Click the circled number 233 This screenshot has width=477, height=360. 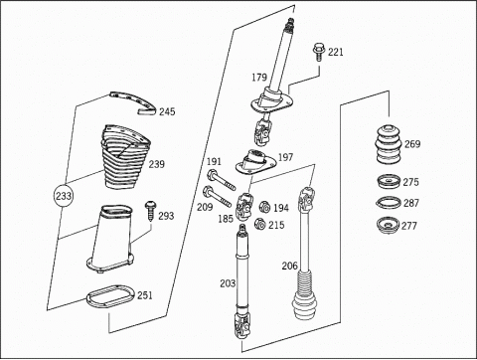[x=64, y=196]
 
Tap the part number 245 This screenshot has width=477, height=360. [x=167, y=111]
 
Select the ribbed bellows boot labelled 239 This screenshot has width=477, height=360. [x=125, y=157]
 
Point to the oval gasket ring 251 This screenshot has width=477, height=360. [x=110, y=295]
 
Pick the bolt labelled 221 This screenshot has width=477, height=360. [x=318, y=52]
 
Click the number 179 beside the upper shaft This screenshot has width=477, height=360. [x=259, y=78]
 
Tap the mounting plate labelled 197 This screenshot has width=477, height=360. [x=255, y=162]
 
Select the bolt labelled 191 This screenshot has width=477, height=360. [x=221, y=180]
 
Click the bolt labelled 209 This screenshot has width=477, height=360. [x=217, y=196]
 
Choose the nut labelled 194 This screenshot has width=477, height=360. [x=264, y=207]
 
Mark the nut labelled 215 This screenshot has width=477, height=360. [x=260, y=224]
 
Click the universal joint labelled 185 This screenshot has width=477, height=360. [x=244, y=206]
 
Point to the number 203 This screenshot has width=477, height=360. [x=228, y=283]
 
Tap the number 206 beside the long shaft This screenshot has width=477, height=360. [x=290, y=266]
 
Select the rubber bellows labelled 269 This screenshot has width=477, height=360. [x=389, y=144]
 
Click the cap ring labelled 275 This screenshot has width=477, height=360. [x=389, y=182]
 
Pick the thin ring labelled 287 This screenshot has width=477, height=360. [x=389, y=203]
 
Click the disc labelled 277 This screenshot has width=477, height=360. [x=389, y=226]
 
